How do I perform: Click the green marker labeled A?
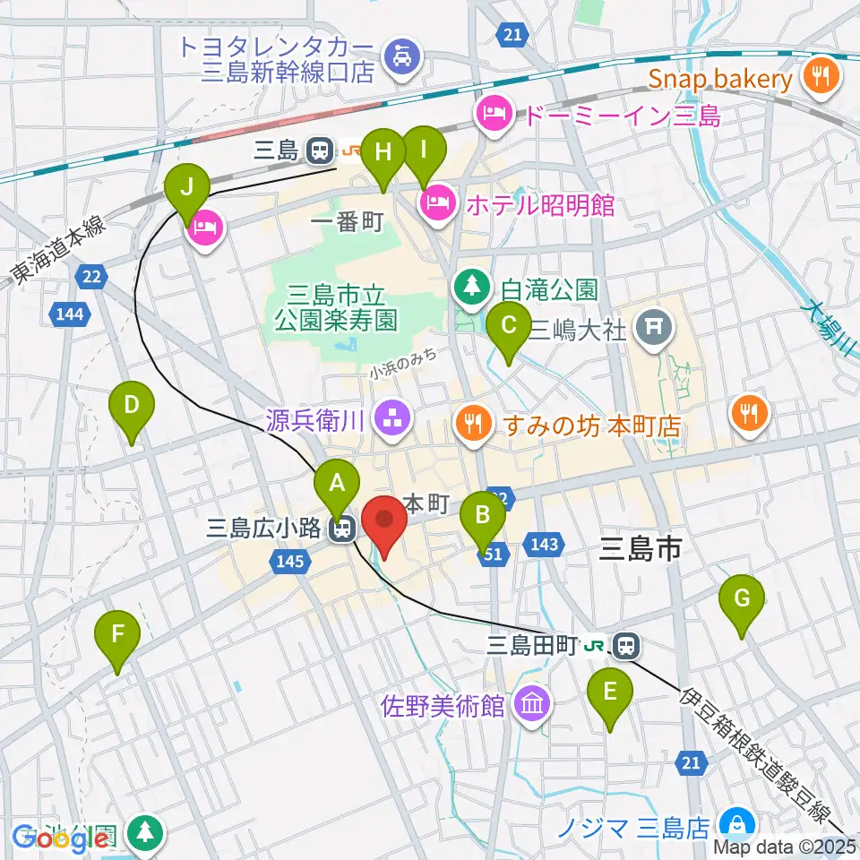pos(337,484)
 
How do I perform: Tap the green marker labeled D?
pos(131,407)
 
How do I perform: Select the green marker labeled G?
pos(742,598)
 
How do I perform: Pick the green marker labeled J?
pos(187,189)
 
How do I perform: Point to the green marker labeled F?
pos(117,634)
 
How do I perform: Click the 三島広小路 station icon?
pos(340,529)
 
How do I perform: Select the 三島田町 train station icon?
pos(625,644)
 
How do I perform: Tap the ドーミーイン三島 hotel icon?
pos(492,114)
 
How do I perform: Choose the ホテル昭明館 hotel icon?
pos(437,203)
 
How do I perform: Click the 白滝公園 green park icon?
pos(470,288)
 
